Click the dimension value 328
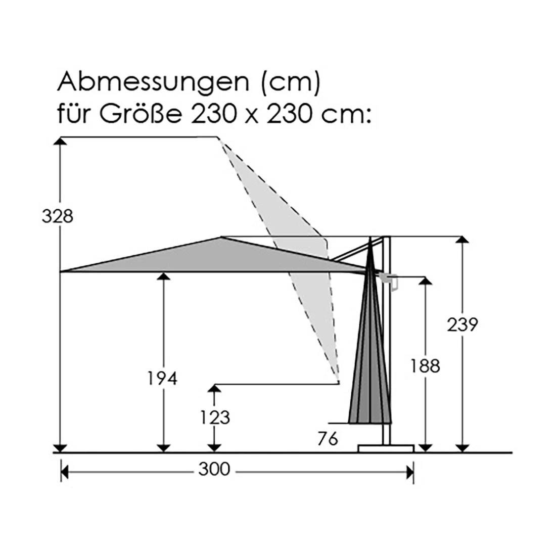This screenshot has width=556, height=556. (x=58, y=216)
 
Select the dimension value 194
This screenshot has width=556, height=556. (x=162, y=378)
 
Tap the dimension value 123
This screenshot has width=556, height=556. (x=215, y=418)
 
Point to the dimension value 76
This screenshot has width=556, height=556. (x=328, y=439)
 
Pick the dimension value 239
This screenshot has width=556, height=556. (x=462, y=325)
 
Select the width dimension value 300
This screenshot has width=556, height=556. (x=214, y=470)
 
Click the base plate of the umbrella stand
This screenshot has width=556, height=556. (x=386, y=448)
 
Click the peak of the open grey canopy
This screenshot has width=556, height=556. (x=221, y=237)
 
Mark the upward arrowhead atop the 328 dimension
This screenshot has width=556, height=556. (x=61, y=142)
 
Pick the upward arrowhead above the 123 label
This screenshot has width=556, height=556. (x=215, y=388)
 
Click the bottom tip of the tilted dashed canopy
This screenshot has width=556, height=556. (x=338, y=381)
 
